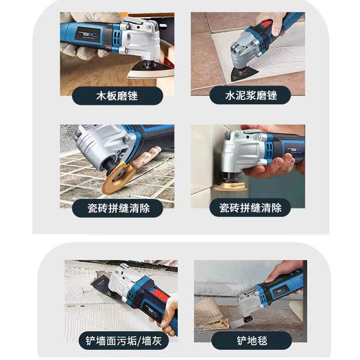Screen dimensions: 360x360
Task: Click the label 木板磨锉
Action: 117,95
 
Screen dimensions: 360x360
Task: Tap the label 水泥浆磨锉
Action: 251,95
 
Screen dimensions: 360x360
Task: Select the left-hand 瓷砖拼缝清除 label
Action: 118,208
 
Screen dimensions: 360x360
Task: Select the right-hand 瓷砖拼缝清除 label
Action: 250,208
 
